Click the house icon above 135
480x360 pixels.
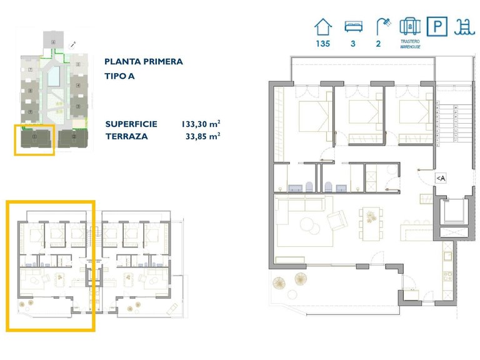coord(323,27)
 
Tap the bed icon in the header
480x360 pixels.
coord(354,27)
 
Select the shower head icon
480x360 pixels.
coord(381,26)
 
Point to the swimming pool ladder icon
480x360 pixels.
coord(463,27)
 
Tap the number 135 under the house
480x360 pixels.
coord(323,44)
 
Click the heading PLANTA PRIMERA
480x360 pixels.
coord(144,62)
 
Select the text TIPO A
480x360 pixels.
coord(120,76)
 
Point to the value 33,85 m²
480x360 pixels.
coord(202,136)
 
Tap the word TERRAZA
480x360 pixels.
coord(126,136)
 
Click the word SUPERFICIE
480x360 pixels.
coord(131,124)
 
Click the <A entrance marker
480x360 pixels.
coord(440,179)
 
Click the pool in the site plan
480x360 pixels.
coord(54,76)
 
